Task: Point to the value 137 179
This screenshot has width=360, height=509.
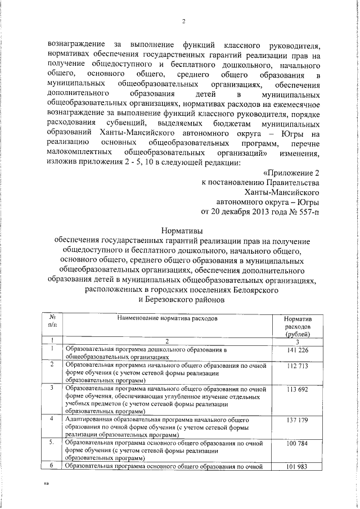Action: point(298,420)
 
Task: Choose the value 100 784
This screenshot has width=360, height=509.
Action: point(298,444)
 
